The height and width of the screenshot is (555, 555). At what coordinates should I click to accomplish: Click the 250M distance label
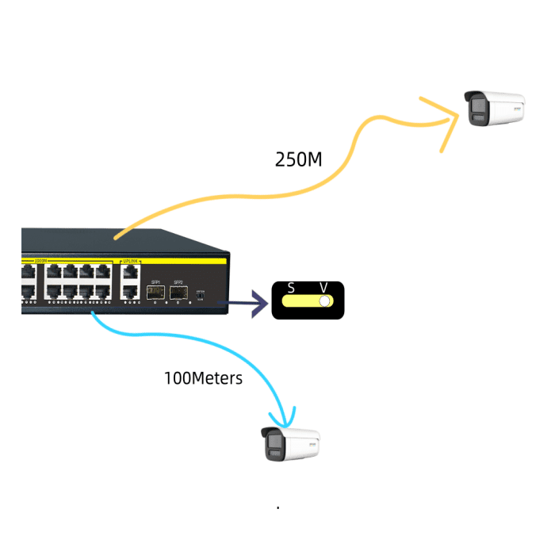[298, 159]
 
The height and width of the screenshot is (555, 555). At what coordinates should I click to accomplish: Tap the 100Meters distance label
[203, 378]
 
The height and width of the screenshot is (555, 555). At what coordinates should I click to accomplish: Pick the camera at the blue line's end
[291, 444]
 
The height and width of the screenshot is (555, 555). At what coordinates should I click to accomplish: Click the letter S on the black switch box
[291, 288]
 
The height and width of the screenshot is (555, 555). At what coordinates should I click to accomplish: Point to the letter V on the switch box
[323, 288]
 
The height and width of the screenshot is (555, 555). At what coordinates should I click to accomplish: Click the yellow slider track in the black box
[302, 302]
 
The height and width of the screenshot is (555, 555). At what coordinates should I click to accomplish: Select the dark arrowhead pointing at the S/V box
[258, 302]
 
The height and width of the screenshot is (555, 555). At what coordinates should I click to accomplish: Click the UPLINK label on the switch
[130, 261]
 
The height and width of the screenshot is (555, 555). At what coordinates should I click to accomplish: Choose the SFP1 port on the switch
[155, 293]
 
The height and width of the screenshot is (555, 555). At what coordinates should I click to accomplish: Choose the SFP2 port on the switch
[178, 293]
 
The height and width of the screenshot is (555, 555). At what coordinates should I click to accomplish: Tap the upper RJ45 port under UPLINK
[129, 272]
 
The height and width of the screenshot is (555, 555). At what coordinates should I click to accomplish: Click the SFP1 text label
[155, 281]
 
